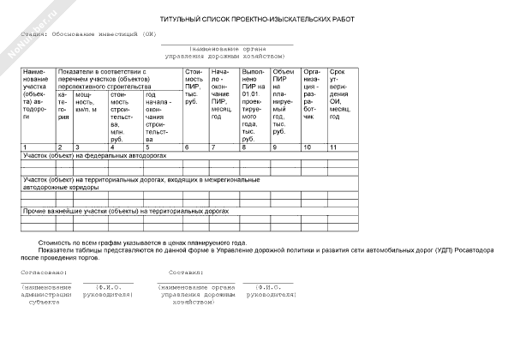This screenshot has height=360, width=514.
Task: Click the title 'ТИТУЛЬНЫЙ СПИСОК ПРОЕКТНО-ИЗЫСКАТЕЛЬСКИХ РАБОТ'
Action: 256,19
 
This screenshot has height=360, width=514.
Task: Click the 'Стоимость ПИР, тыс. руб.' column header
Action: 194,85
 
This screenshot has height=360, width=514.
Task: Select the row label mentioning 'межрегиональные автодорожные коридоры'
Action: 128,183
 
